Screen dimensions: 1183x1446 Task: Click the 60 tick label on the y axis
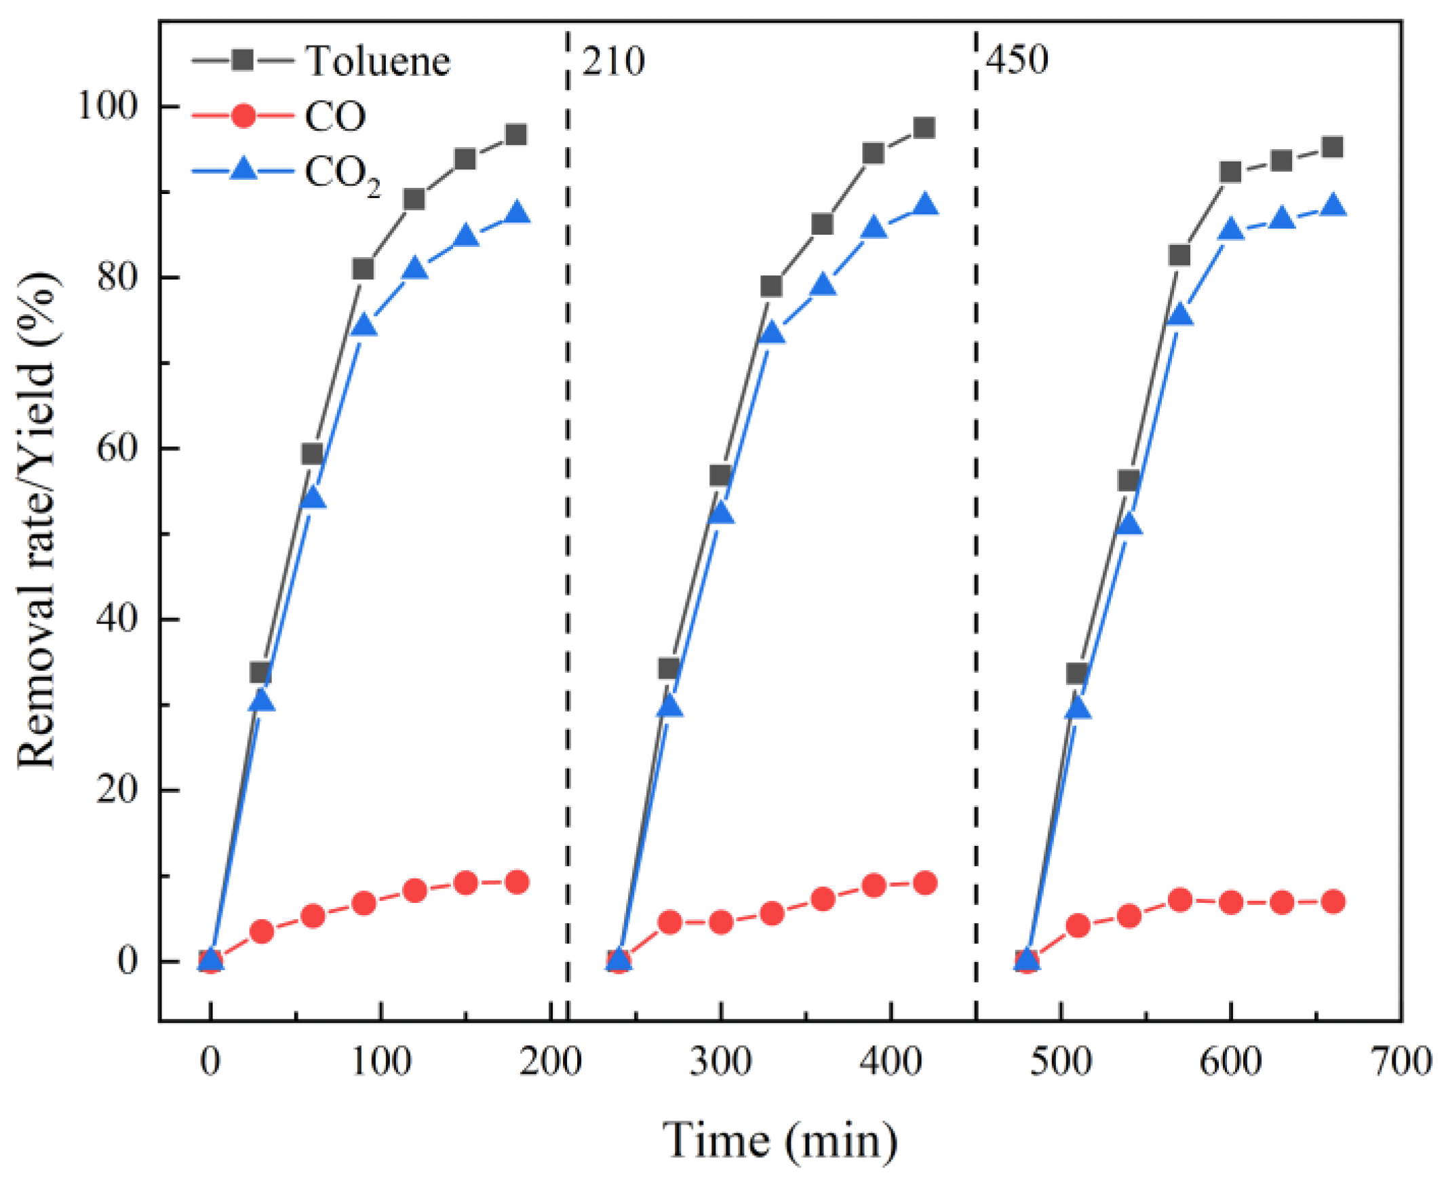116,448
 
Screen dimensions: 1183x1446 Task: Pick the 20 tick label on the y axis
116,790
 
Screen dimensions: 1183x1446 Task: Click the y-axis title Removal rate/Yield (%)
37,521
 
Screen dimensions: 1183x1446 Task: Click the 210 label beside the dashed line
612,61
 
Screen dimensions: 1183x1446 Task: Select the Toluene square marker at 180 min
517,134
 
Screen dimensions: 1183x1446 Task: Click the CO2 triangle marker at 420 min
924,205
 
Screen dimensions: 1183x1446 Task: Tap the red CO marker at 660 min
1333,902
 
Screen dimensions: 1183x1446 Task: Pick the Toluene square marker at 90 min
364,269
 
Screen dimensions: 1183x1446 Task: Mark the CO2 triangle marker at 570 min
1179,315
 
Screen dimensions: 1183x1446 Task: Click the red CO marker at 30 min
262,931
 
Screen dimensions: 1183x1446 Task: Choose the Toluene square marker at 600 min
1230,172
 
